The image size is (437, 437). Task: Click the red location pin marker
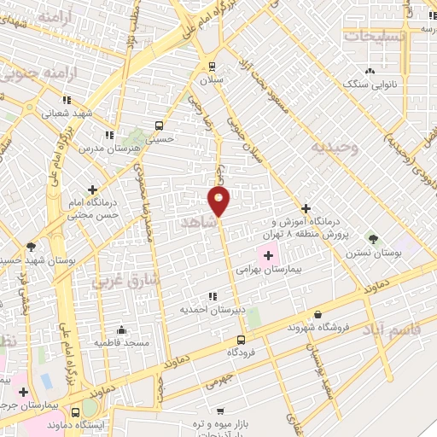(x=218, y=201)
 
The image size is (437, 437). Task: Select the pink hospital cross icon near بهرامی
(x=266, y=253)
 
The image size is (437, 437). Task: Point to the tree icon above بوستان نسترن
(x=371, y=236)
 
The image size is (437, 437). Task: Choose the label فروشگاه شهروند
(x=319, y=328)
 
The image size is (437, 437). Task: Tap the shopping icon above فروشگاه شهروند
(x=318, y=314)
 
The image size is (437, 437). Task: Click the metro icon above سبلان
(x=212, y=66)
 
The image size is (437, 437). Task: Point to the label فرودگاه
(x=242, y=352)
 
